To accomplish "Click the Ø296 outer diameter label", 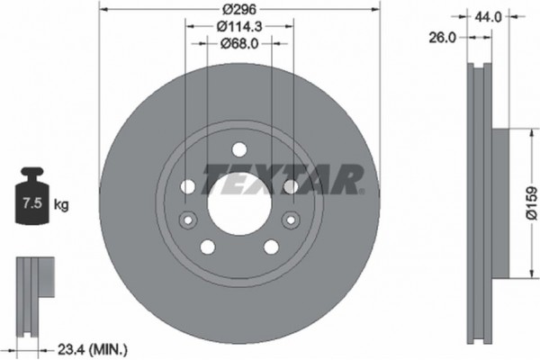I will (238, 8).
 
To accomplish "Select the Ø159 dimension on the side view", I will (530, 202).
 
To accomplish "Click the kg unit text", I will (61, 206).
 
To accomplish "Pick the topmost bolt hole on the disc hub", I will (238, 151).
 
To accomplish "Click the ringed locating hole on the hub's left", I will (188, 219).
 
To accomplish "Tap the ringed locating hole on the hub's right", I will (290, 219).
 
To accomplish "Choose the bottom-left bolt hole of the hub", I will (207, 247).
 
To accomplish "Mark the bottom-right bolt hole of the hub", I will (270, 247).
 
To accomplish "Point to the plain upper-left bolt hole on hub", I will (188, 186).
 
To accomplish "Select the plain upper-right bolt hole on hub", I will (290, 186).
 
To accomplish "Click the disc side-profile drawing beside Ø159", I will (481, 202).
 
